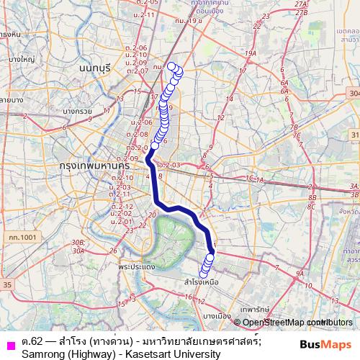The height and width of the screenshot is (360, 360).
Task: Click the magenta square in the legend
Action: [x=10, y=341]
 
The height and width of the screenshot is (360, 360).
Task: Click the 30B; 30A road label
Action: [x=78, y=247]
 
